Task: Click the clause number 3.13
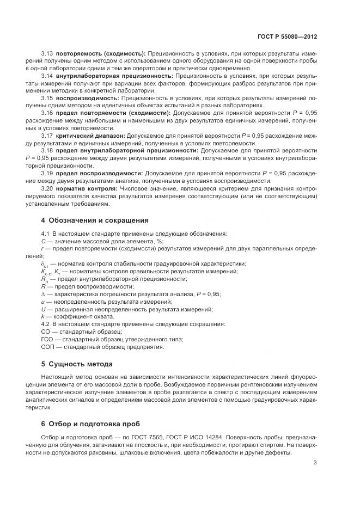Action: [47, 54]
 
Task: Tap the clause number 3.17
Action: [47, 134]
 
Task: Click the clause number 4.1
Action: [46, 234]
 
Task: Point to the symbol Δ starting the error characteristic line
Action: [43, 294]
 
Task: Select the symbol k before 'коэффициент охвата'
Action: [42, 316]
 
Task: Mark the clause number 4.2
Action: [46, 324]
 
